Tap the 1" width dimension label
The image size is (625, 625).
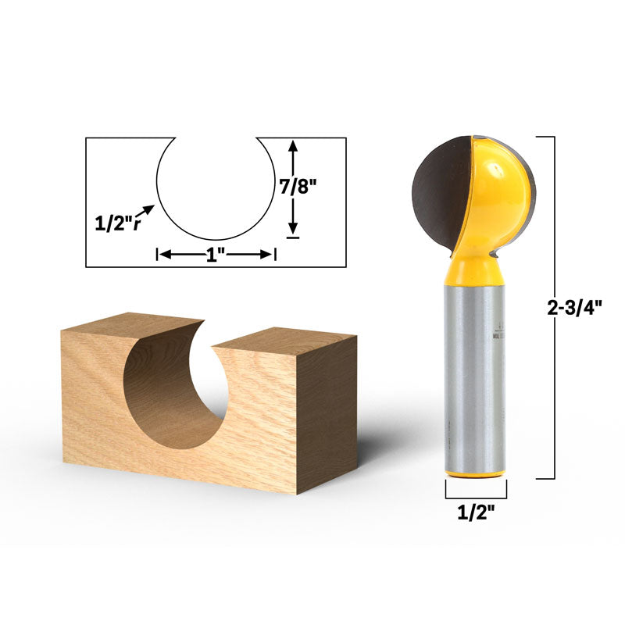coord(216,254)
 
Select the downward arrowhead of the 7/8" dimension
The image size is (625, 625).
coord(293,228)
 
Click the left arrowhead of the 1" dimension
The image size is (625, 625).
coord(163,254)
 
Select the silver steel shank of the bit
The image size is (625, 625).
coord(475,375)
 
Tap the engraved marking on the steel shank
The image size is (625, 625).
coord(498,332)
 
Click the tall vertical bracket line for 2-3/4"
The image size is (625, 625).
coord(555,308)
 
